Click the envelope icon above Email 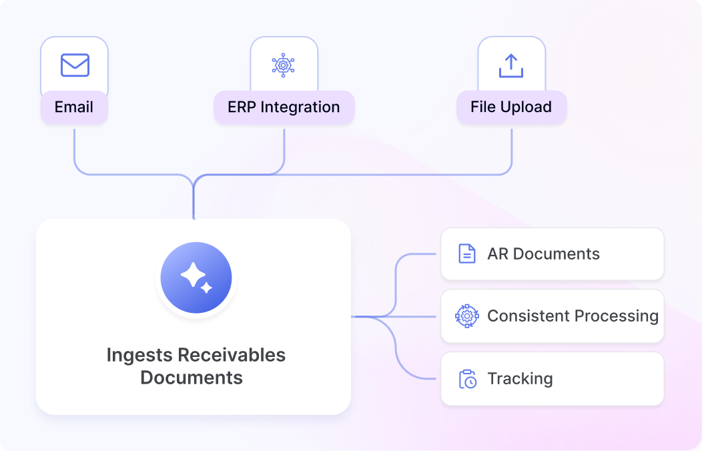point(75,65)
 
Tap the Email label point(74,107)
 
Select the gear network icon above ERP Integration point(283,65)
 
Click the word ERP point(242,107)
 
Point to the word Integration point(300,107)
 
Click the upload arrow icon point(511,66)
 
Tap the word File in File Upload point(483,107)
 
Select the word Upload point(526,107)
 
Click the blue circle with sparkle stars point(196,278)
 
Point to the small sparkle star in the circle point(206,288)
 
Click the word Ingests point(139,356)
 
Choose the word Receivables point(232,355)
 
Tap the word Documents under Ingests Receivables point(192,378)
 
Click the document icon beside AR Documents point(467,254)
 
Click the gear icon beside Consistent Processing point(467,316)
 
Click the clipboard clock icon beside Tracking point(468,379)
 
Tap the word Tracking point(520,379)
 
